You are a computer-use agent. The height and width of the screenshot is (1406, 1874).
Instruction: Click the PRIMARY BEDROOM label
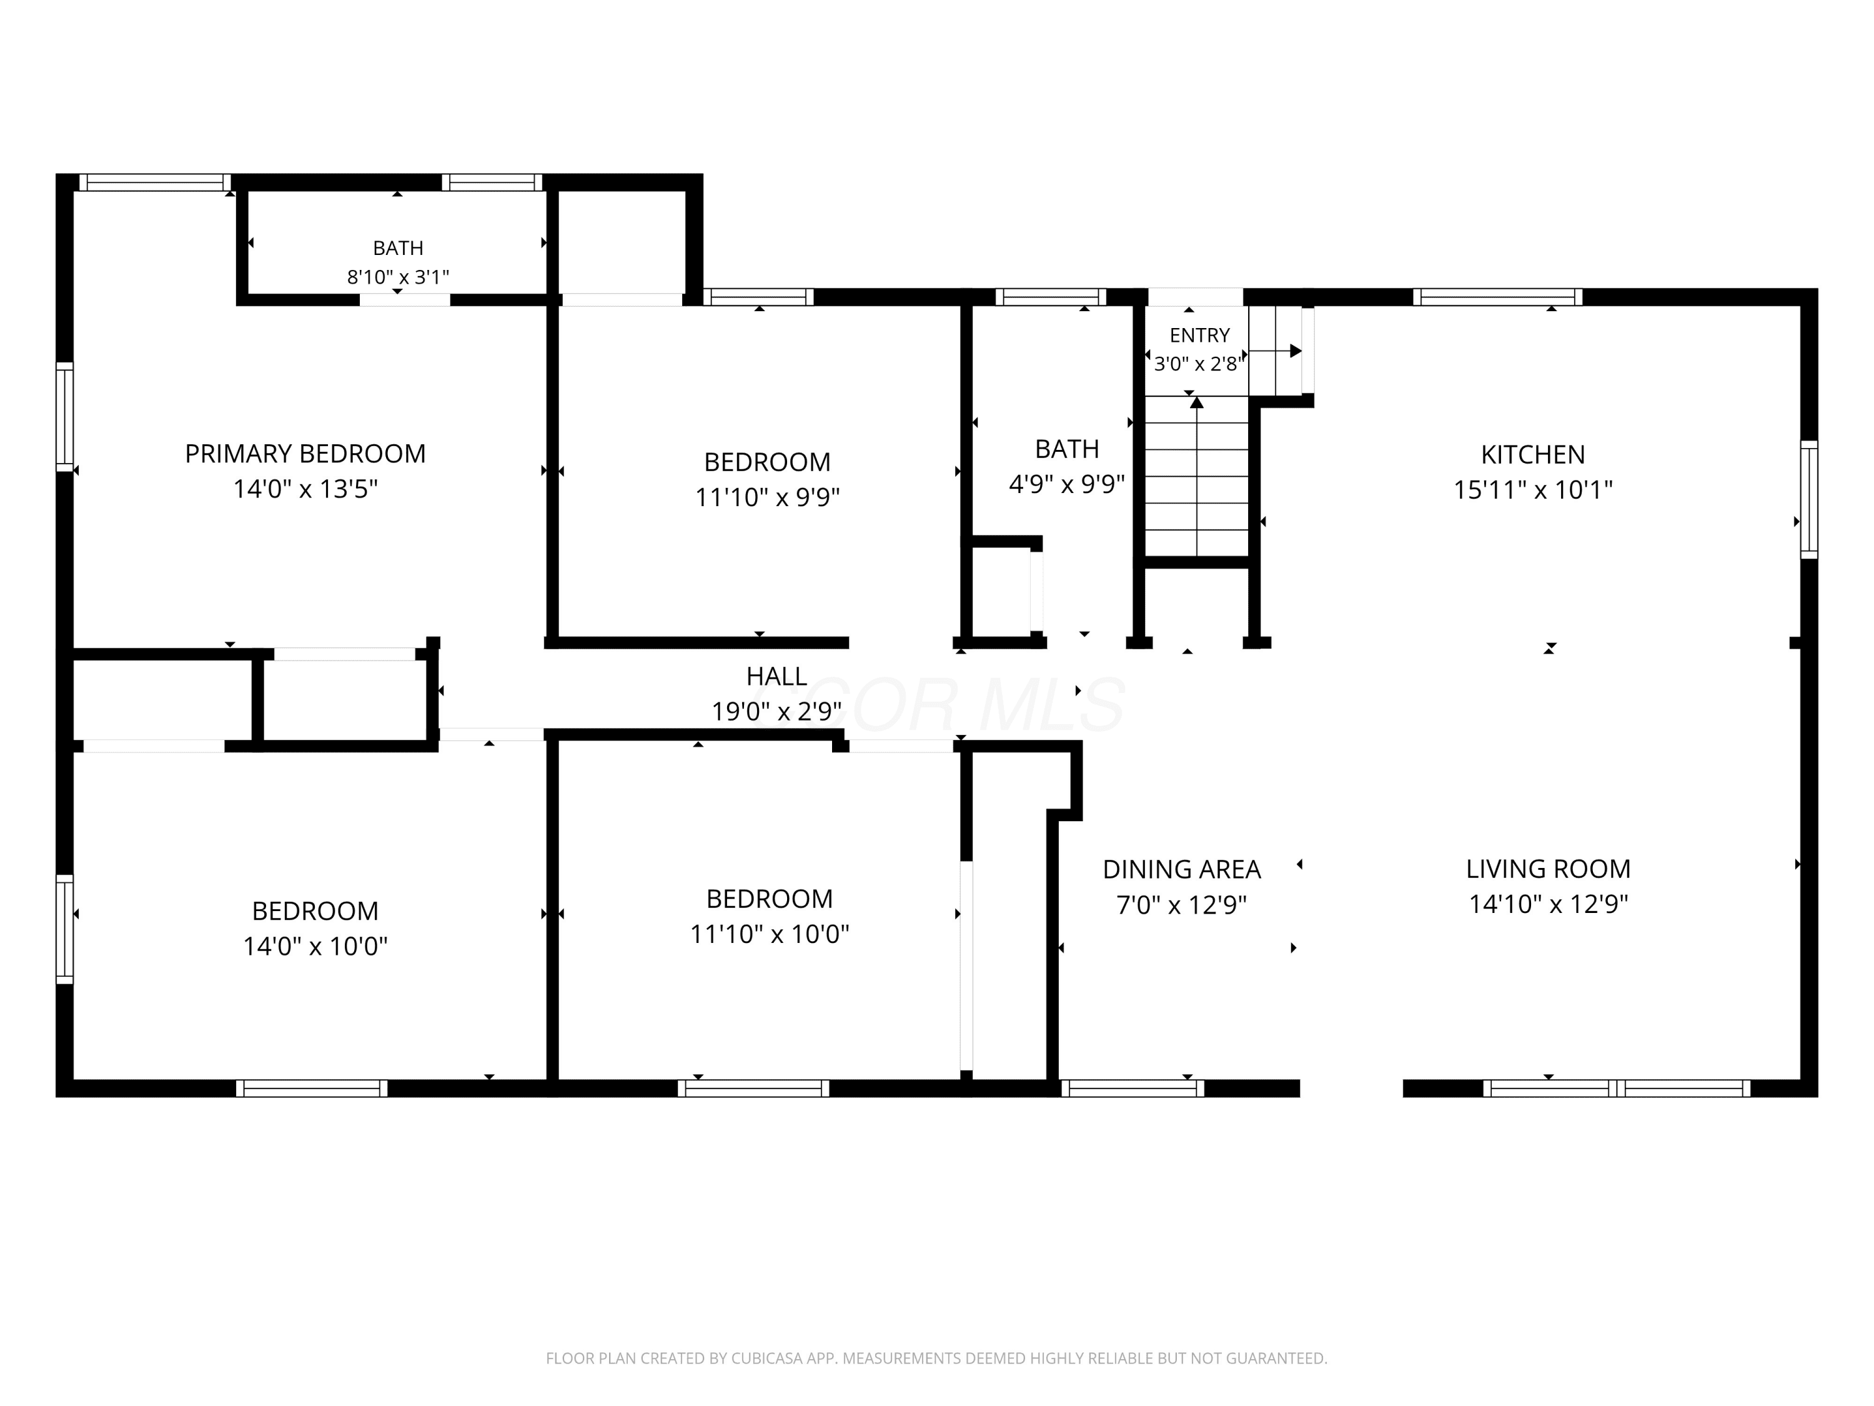point(305,454)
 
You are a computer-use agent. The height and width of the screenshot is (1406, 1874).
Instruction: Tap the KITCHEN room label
point(1532,454)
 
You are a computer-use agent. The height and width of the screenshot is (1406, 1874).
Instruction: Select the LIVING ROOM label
point(1548,869)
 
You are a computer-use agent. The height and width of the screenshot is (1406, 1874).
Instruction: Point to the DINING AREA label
point(1182,870)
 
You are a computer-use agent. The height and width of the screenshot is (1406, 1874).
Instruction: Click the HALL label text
point(776,676)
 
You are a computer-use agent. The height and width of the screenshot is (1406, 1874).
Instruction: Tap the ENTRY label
point(1199,335)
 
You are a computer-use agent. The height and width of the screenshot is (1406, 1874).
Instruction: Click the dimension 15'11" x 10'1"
point(1532,490)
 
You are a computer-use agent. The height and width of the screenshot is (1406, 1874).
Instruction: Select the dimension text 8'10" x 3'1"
point(397,277)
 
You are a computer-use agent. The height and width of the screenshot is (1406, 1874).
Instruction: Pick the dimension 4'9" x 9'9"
point(1067,484)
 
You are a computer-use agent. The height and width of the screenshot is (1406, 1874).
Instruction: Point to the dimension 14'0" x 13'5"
point(305,489)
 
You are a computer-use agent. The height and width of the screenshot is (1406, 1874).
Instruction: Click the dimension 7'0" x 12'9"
point(1182,905)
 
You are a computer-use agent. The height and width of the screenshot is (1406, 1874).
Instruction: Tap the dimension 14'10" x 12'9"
point(1548,904)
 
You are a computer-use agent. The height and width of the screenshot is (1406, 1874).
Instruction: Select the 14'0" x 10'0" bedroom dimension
point(315,946)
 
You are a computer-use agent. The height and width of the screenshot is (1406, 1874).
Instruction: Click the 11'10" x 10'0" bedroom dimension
point(769,934)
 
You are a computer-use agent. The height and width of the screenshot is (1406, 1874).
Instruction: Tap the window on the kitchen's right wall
point(1809,499)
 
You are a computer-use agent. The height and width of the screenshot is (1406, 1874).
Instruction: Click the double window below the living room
point(1617,1088)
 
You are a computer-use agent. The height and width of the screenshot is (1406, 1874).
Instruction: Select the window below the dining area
point(1132,1088)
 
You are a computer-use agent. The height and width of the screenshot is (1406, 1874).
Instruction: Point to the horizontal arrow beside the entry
point(1276,351)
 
